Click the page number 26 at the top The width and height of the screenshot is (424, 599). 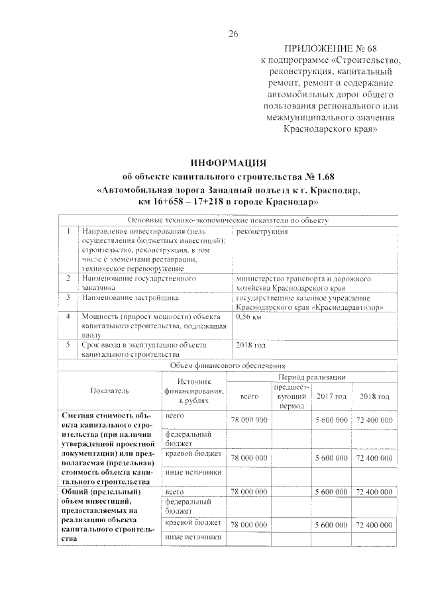pyautogui.click(x=233, y=34)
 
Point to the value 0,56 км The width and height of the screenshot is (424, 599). pyautogui.click(x=248, y=317)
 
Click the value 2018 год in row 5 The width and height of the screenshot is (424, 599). pyautogui.click(x=250, y=345)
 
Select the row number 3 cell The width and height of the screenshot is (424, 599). pyautogui.click(x=68, y=298)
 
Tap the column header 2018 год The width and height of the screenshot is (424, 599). pyautogui.click(x=374, y=396)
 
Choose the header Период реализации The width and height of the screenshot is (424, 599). pyautogui.click(x=308, y=375)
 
